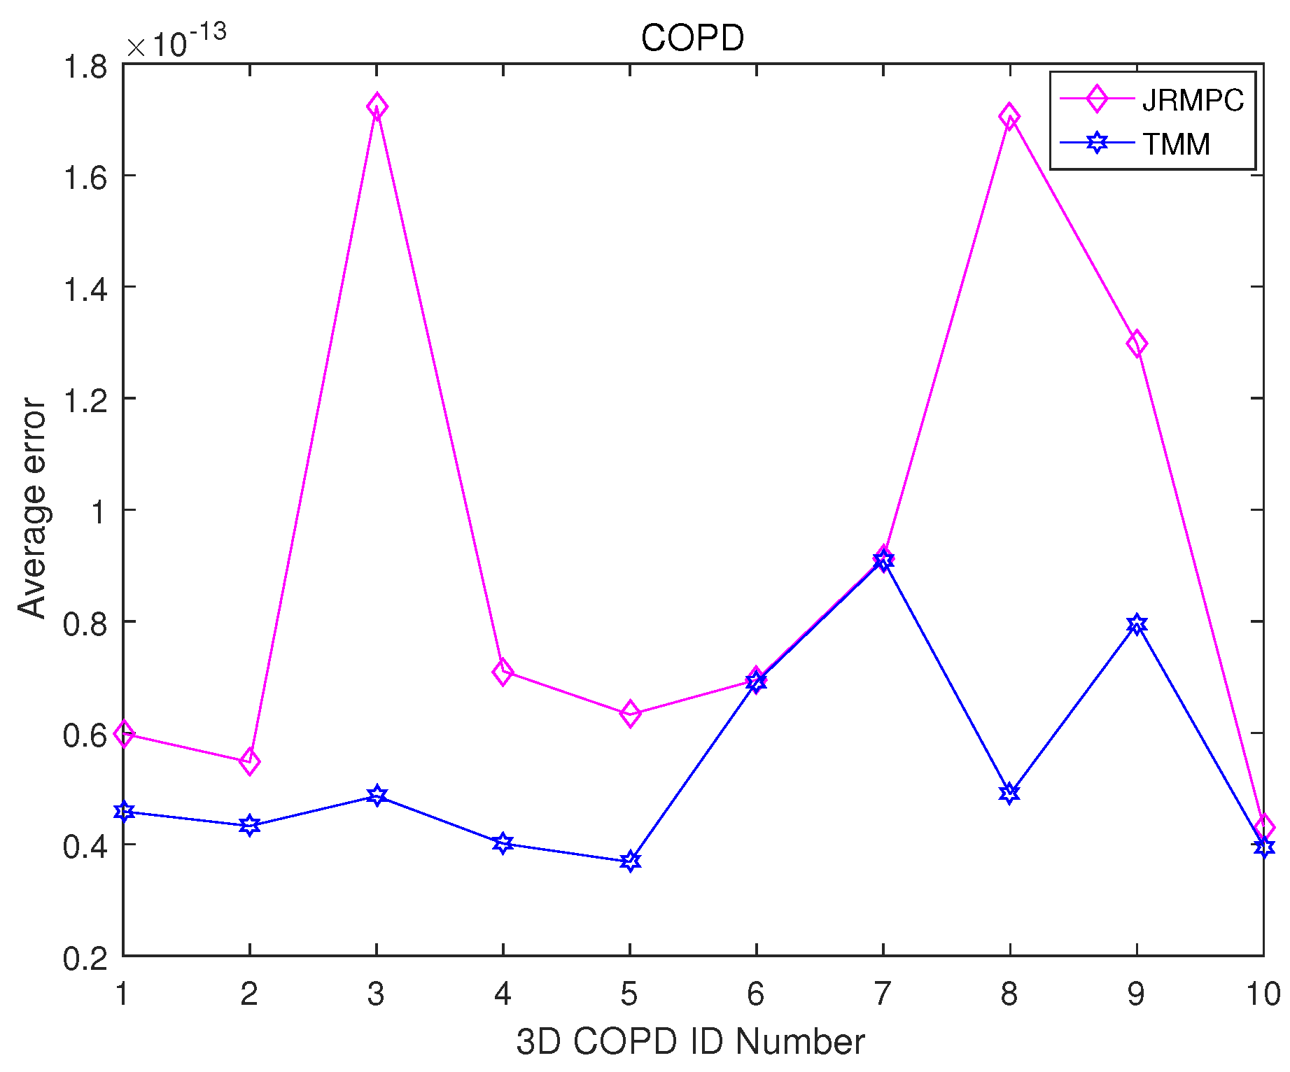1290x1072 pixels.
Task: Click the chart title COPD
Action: pyautogui.click(x=692, y=38)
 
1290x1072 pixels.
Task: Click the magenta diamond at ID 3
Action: pyautogui.click(x=377, y=107)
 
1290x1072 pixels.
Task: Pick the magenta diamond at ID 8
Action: pyautogui.click(x=1009, y=116)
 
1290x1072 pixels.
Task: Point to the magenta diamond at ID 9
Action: pyautogui.click(x=1137, y=344)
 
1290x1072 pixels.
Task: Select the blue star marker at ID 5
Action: pyautogui.click(x=630, y=861)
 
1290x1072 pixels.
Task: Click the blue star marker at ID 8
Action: pyautogui.click(x=1009, y=793)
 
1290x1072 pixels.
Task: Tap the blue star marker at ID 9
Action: pyautogui.click(x=1137, y=624)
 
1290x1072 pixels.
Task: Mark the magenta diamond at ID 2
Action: pyautogui.click(x=250, y=761)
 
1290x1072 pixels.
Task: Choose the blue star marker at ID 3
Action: pyautogui.click(x=377, y=796)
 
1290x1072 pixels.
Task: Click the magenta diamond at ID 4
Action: pyautogui.click(x=503, y=672)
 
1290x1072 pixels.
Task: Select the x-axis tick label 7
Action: pyautogui.click(x=883, y=994)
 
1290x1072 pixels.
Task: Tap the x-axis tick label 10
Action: pyautogui.click(x=1263, y=994)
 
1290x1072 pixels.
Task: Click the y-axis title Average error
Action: pyautogui.click(x=32, y=509)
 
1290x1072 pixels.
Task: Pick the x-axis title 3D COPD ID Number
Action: pyautogui.click(x=690, y=1042)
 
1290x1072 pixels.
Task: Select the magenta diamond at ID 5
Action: pyautogui.click(x=630, y=714)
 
